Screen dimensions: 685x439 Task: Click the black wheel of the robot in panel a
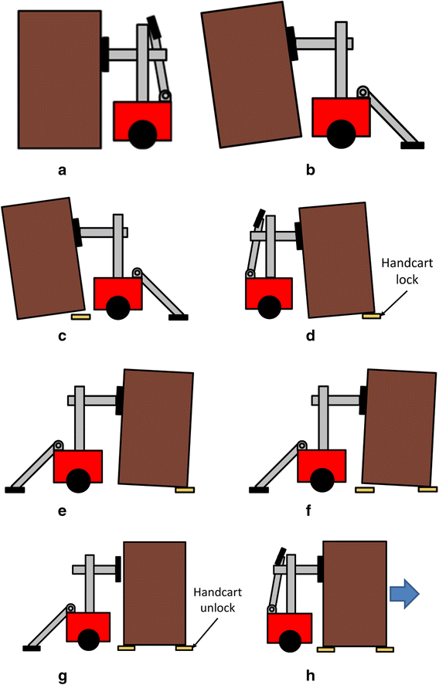click(141, 135)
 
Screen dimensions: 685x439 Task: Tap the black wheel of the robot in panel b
click(340, 134)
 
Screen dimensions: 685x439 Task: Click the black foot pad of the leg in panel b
click(410, 144)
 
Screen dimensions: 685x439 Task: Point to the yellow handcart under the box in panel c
click(80, 316)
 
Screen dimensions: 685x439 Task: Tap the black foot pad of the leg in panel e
click(15, 489)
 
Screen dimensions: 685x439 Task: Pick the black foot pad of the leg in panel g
click(31, 647)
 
